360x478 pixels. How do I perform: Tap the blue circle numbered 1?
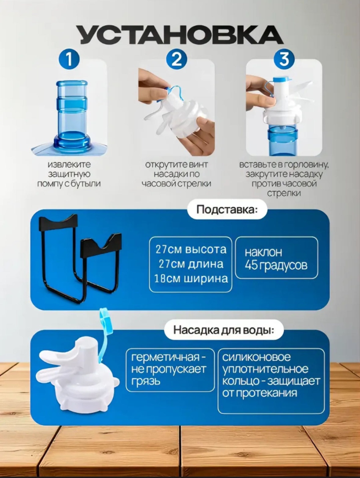(69, 59)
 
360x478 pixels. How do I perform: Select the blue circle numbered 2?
(177, 59)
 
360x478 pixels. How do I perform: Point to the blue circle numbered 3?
(284, 59)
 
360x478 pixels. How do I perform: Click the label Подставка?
(227, 210)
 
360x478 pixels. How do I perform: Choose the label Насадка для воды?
(224, 330)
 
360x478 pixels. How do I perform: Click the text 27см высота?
(191, 249)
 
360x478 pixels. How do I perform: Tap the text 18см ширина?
(191, 278)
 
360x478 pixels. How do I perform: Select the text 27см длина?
(191, 264)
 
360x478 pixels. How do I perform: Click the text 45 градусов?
(276, 265)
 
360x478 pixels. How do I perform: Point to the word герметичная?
(165, 357)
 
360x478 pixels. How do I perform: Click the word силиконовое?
(256, 357)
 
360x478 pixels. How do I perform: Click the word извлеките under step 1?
(69, 164)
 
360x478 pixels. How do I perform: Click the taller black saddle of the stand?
(58, 223)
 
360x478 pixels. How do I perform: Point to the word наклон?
(263, 252)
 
